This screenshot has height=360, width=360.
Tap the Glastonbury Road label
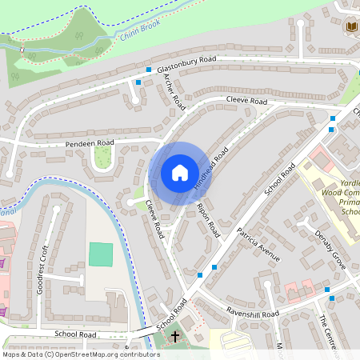186,64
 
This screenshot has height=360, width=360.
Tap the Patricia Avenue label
258,244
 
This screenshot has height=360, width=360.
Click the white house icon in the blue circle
179,173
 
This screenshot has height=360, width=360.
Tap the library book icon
351,27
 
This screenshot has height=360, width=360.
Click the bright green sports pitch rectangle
101,254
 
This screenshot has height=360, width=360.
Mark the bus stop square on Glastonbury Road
138,82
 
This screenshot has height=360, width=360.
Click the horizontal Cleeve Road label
246,102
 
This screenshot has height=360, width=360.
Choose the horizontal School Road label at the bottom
75,334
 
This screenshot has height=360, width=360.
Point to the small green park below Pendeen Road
102,158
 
